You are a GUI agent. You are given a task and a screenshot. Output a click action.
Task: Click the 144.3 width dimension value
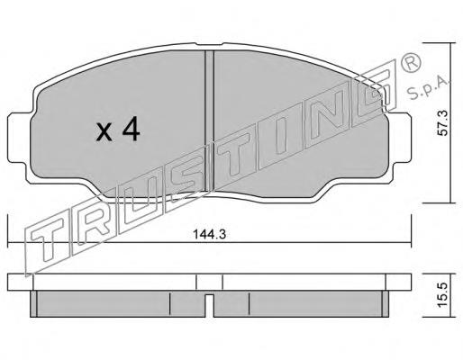[209, 234]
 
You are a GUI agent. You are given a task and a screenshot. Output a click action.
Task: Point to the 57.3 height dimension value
[442, 122]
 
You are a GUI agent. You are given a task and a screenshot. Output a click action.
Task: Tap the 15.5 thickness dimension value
[442, 295]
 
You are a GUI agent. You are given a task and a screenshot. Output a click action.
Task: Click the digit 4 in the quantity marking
[131, 129]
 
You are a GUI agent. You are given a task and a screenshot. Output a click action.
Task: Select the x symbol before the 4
[104, 132]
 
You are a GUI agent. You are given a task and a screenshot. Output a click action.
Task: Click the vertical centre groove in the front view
[209, 121]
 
